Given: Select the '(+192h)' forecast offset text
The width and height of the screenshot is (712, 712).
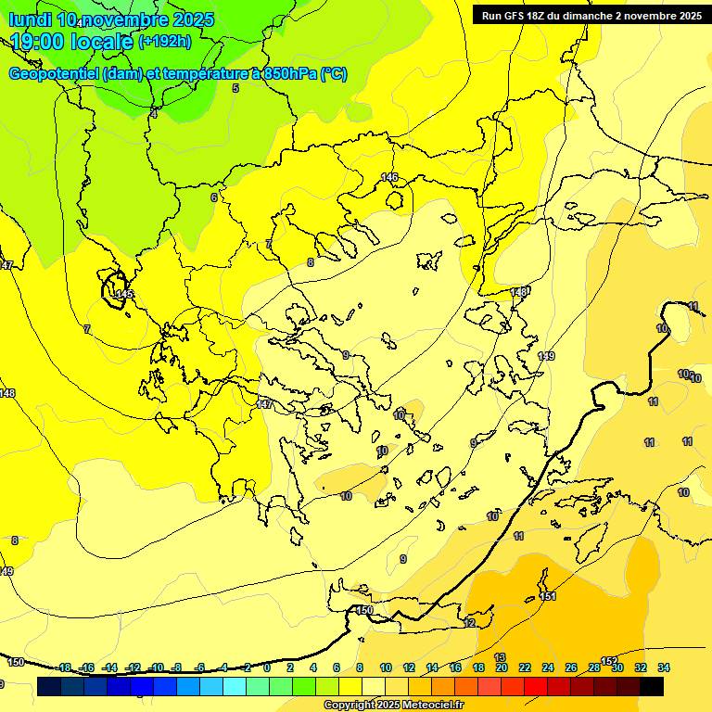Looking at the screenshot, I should coord(165,41).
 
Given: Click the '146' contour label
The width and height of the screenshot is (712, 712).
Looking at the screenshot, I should coord(389,177).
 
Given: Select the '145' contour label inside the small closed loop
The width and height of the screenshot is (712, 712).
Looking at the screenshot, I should coord(122,294).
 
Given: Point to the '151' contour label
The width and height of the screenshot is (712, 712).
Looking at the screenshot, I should coord(547,596).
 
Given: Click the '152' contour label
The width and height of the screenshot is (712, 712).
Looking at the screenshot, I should coord(608,660).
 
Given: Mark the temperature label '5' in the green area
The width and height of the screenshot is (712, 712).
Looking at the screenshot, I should coord(235,88).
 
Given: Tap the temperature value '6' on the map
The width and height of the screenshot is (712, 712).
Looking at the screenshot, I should coord(214,197).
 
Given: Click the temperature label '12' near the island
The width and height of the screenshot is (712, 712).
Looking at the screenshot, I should coord(469,624).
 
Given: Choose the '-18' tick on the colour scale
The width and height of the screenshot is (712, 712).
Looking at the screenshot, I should coord(65,667).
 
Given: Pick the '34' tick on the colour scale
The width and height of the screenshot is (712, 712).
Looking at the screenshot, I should coord(664,667).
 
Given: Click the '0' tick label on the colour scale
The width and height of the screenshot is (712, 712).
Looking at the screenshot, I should coord(267,667).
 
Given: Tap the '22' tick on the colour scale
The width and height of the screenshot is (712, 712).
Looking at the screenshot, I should coord(525,667).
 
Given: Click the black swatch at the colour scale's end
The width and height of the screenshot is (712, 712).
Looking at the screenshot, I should coord(652,687).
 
